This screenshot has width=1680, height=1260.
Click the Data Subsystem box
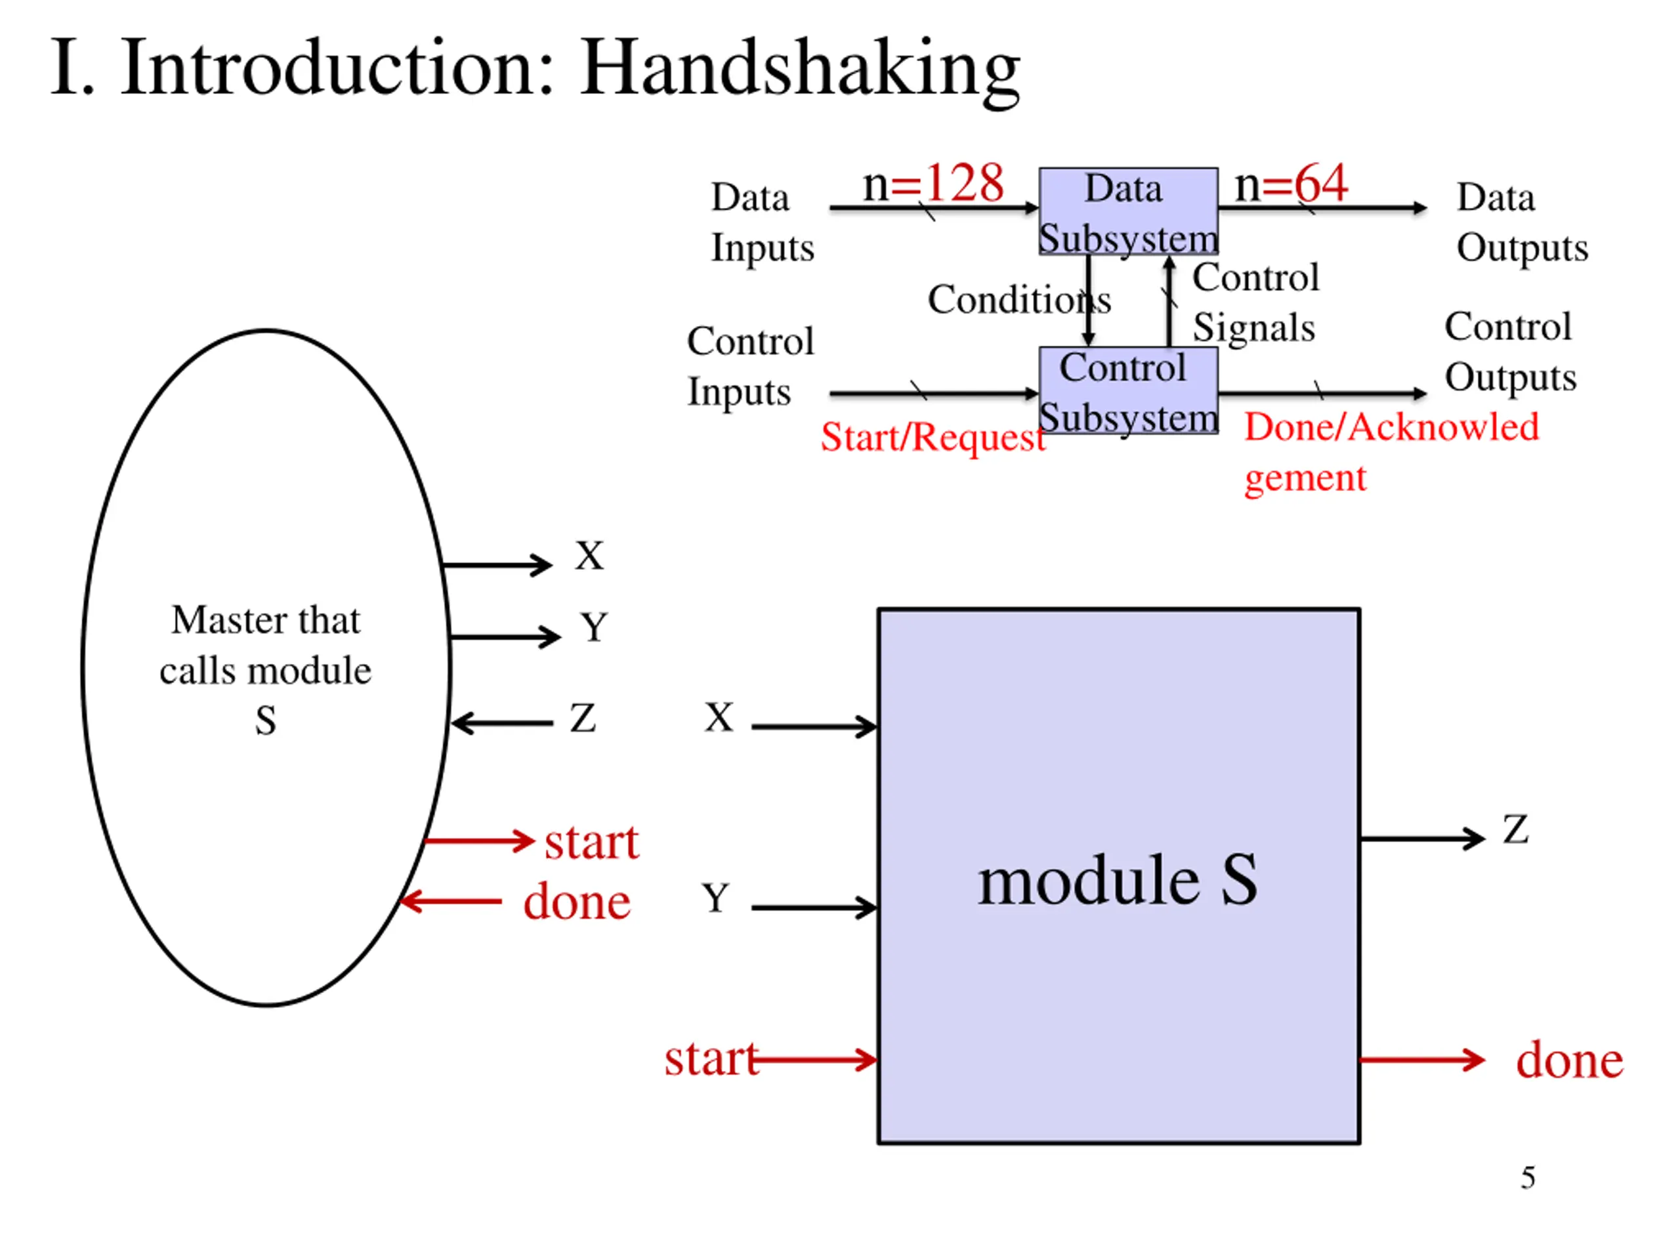coord(1129,211)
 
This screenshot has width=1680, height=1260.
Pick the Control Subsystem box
coord(1129,390)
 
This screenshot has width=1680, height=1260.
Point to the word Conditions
coord(1019,299)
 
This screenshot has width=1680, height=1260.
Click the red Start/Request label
coord(933,438)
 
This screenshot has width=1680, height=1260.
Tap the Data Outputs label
coord(1522,222)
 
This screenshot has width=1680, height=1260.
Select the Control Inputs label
coord(750,366)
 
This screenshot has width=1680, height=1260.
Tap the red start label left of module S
coord(711,1059)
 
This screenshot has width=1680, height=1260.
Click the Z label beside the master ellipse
coord(583,718)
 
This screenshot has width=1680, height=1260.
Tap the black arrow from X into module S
coord(814,727)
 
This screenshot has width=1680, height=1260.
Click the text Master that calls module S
coord(266,670)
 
